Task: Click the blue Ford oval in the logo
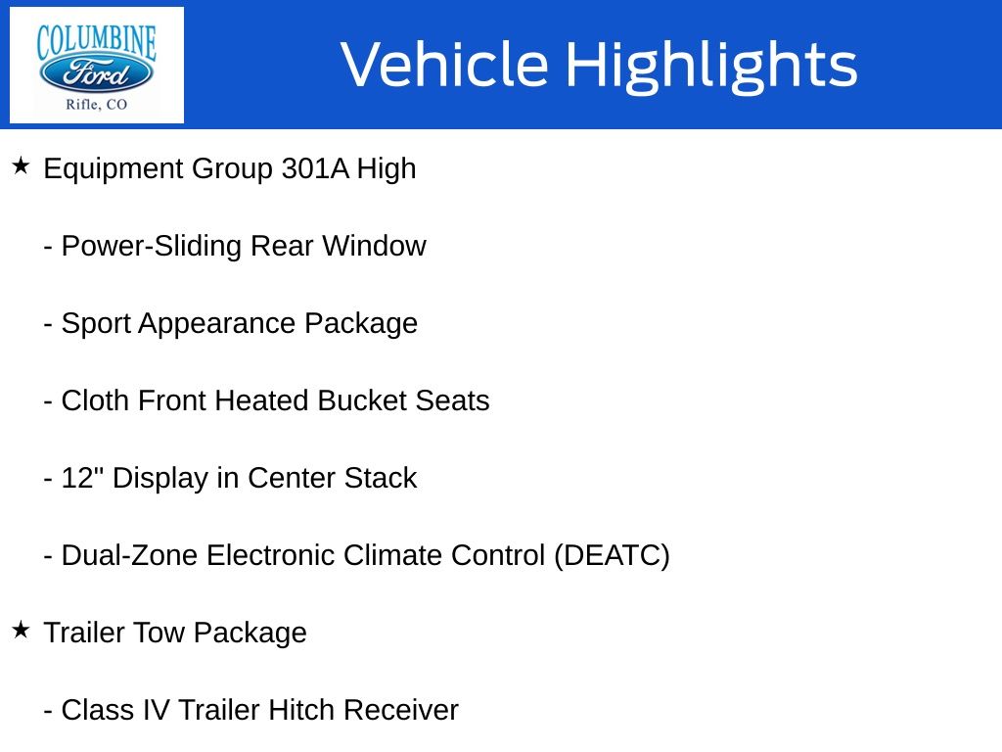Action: tap(97, 73)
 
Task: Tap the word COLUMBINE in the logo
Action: tap(97, 42)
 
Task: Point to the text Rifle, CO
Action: tap(97, 104)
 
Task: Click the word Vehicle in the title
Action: tap(445, 64)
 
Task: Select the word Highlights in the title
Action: tap(712, 66)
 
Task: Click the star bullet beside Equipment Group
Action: tap(22, 165)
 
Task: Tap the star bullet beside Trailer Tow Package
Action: tap(22, 630)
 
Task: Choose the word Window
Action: tap(374, 246)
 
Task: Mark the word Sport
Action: tap(96, 324)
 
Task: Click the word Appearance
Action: tap(217, 324)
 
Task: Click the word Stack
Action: tap(381, 478)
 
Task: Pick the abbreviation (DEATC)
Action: tap(612, 556)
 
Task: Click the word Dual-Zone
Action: tap(130, 556)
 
